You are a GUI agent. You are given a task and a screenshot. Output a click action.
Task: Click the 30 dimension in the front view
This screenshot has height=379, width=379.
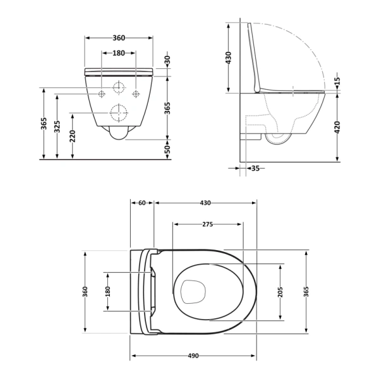[167, 59]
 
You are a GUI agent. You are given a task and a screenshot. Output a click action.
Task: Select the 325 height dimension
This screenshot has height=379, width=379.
[57, 127]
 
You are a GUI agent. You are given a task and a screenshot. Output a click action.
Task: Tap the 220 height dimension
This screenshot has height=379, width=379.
[72, 136]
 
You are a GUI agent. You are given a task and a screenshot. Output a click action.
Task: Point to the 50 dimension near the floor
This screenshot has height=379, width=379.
[167, 149]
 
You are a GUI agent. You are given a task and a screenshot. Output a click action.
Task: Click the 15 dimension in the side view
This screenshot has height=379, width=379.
[337, 81]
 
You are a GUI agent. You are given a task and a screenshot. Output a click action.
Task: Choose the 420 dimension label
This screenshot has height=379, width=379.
[337, 127]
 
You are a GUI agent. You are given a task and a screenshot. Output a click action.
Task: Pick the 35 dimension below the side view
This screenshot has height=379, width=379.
[255, 168]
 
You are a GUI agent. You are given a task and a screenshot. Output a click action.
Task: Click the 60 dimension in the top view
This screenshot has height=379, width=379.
[142, 203]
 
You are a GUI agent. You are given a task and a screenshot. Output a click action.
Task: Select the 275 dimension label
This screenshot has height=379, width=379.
[208, 224]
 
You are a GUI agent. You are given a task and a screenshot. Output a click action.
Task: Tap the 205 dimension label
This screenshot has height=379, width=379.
[280, 292]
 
